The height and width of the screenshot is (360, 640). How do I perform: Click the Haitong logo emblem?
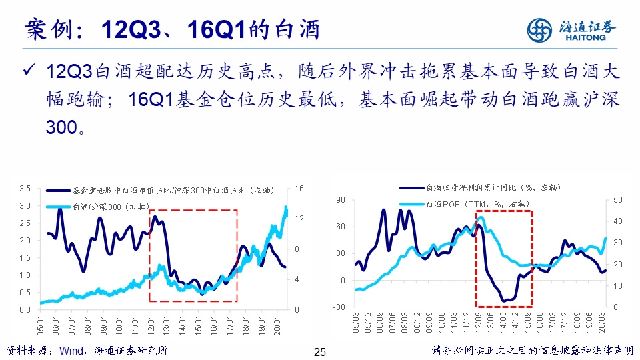pyautogui.click(x=540, y=29)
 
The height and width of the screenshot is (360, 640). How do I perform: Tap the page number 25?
pyautogui.click(x=319, y=352)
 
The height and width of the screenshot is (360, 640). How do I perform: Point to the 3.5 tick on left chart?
pyautogui.click(x=25, y=189)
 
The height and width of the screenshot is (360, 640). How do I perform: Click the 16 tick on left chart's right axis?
pyautogui.click(x=299, y=189)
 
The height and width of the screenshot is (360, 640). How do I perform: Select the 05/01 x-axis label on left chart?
pyautogui.click(x=41, y=326)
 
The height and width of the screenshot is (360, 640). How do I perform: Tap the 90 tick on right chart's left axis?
pyautogui.click(x=341, y=200)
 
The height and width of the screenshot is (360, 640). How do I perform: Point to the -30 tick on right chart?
pyautogui.click(x=339, y=307)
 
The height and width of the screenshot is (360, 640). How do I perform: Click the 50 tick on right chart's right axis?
pyautogui.click(x=617, y=200)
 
